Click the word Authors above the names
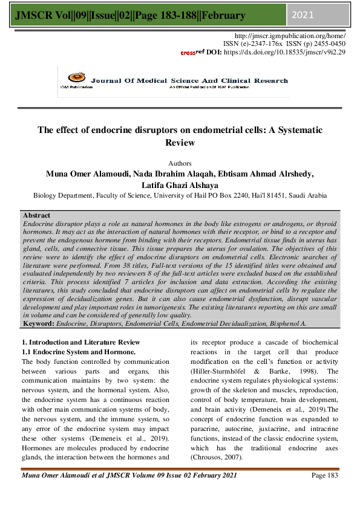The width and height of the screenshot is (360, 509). [180, 163]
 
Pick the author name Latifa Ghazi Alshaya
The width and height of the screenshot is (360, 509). [180, 184]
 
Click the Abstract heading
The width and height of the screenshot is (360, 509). [36, 215]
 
